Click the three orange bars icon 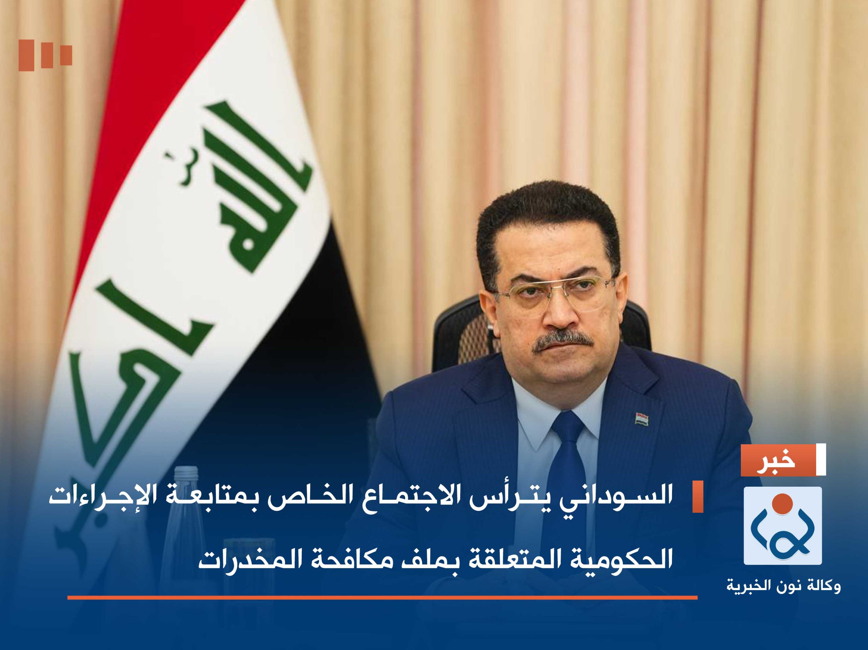tap(45, 55)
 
